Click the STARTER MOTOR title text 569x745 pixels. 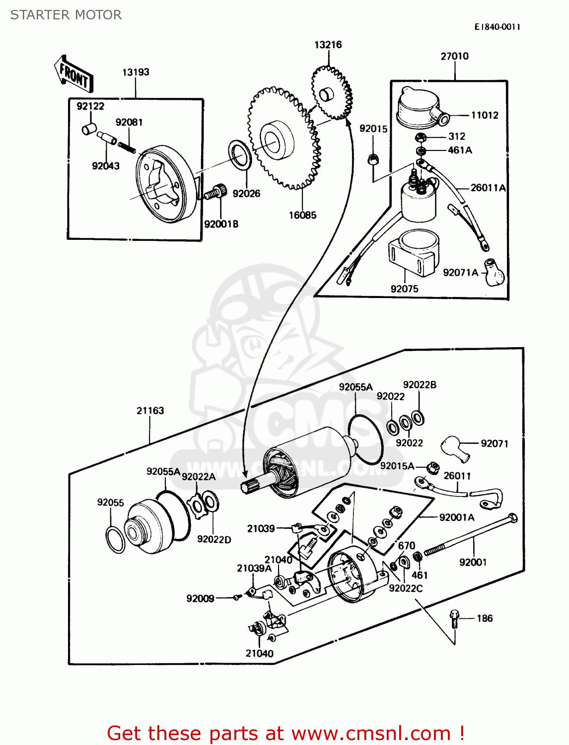pyautogui.click(x=66, y=15)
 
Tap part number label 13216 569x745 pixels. pyautogui.click(x=328, y=45)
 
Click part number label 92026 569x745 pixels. pyautogui.click(x=246, y=194)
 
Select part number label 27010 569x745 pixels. pyautogui.click(x=454, y=56)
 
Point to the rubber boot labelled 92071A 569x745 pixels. pyautogui.click(x=494, y=272)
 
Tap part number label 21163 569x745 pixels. pyautogui.click(x=150, y=411)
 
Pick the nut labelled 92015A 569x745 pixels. pyautogui.click(x=433, y=467)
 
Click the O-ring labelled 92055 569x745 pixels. pyautogui.click(x=115, y=540)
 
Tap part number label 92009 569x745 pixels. pyautogui.click(x=200, y=598)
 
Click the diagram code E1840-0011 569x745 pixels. pyautogui.click(x=497, y=27)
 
